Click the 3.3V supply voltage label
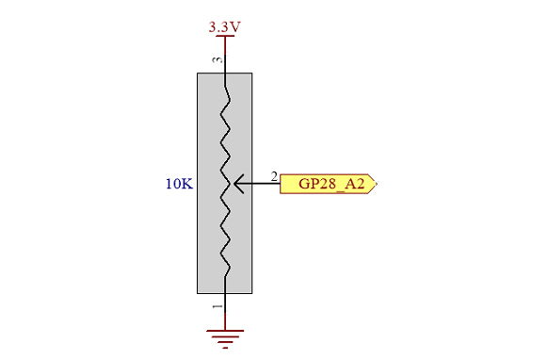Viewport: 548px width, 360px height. pos(225,26)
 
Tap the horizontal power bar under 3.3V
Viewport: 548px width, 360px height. pos(225,36)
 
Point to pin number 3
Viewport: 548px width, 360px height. pos(217,59)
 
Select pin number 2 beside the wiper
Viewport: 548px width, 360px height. pos(274,176)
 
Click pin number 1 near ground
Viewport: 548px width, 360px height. pos(218,307)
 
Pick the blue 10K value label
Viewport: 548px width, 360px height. pos(179,184)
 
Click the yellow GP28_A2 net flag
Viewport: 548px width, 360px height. pos(329,184)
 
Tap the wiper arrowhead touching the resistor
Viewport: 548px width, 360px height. pos(237,184)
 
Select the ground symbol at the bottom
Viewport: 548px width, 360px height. pos(225,338)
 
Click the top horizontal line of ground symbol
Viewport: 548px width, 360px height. pos(225,330)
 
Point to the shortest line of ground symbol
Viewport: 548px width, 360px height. pos(225,348)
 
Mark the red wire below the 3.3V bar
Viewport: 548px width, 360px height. pos(225,46)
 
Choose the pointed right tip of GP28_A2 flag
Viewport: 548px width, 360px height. pos(377,184)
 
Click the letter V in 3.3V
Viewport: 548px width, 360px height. pos(235,27)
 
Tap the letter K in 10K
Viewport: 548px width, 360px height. pos(187,184)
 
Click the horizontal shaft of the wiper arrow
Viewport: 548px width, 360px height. pos(258,184)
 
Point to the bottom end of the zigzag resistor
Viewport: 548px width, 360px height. pos(225,276)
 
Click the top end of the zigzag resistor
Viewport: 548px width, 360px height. pos(225,86)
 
